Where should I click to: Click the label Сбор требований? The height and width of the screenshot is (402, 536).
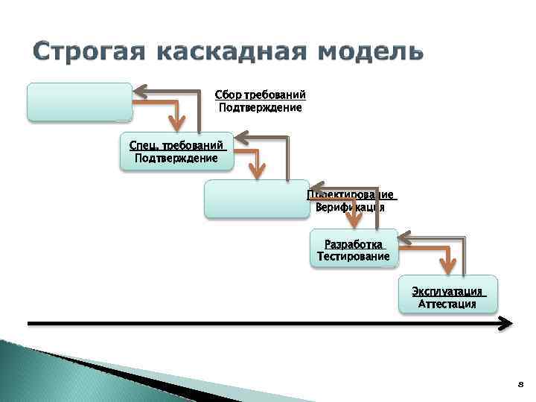tap(260, 95)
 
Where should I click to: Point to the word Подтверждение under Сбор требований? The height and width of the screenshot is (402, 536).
tap(260, 108)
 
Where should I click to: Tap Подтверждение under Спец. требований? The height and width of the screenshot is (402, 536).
tap(176, 158)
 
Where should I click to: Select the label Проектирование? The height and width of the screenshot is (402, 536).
tap(351, 195)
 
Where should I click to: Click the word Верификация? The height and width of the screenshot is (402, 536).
tap(350, 208)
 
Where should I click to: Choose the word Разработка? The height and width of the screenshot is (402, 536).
tap(354, 244)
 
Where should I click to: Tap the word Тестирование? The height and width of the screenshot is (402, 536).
tap(353, 257)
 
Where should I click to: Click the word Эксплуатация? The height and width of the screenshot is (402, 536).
tap(448, 291)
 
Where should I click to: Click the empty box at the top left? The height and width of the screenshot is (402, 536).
tap(80, 102)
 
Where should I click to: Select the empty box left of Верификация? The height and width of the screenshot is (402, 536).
tap(255, 198)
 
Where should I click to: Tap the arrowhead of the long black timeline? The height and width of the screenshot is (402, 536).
tap(506, 323)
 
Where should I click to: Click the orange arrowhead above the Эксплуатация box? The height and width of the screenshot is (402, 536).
tap(448, 265)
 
